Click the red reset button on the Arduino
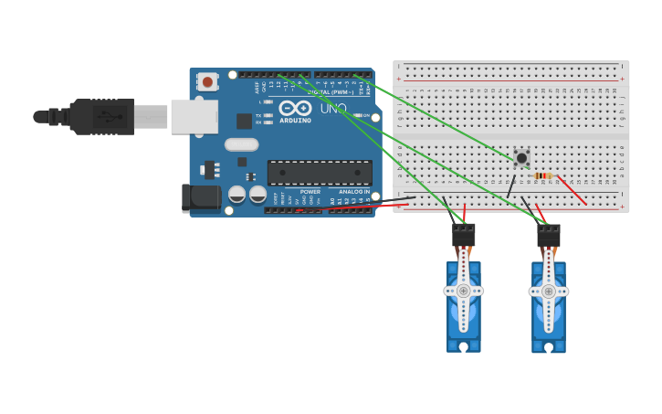[x=207, y=82]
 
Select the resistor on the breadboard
[x=543, y=175]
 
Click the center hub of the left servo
[x=463, y=291]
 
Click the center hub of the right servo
[x=548, y=291]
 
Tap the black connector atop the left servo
[x=464, y=234]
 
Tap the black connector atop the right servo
[x=548, y=235]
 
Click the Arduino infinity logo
[x=295, y=108]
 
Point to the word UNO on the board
[x=333, y=109]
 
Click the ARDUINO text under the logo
[x=295, y=121]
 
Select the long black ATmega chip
[x=320, y=173]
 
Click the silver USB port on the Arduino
[x=194, y=116]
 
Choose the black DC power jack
[x=201, y=198]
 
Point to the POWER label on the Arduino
[x=310, y=192]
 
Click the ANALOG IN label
[x=353, y=192]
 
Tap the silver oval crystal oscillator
[x=242, y=144]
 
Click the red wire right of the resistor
[x=573, y=190]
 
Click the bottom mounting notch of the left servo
[x=464, y=346]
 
